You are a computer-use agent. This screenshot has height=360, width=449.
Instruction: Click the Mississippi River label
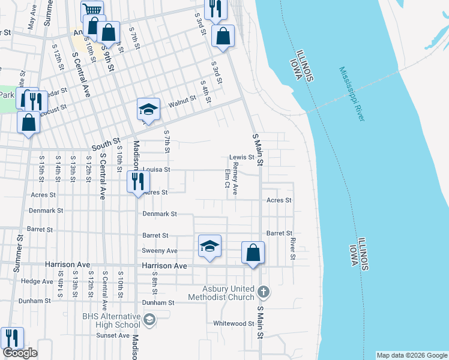352,94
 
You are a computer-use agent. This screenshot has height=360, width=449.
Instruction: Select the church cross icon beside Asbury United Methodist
263,292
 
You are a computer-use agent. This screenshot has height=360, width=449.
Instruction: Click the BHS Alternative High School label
112,320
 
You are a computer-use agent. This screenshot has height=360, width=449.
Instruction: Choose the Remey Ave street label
235,179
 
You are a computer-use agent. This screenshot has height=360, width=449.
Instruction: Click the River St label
293,248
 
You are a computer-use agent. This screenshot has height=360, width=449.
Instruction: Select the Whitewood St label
234,323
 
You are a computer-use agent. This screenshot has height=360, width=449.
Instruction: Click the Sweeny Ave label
160,250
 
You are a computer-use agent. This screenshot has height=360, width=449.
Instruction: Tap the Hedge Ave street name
37,281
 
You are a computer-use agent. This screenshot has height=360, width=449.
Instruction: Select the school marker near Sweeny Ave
209,246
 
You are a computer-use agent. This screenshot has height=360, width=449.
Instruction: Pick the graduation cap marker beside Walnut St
148,109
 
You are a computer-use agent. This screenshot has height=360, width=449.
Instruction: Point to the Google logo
20,353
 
